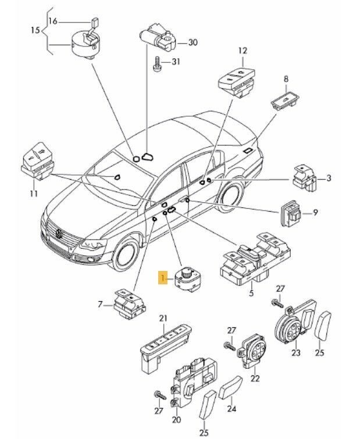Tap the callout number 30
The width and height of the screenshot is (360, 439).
(x=193, y=43)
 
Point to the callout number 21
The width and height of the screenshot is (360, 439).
(x=163, y=317)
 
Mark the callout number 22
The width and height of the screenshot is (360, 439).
(x=254, y=379)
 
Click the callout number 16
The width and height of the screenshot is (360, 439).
(x=53, y=22)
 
